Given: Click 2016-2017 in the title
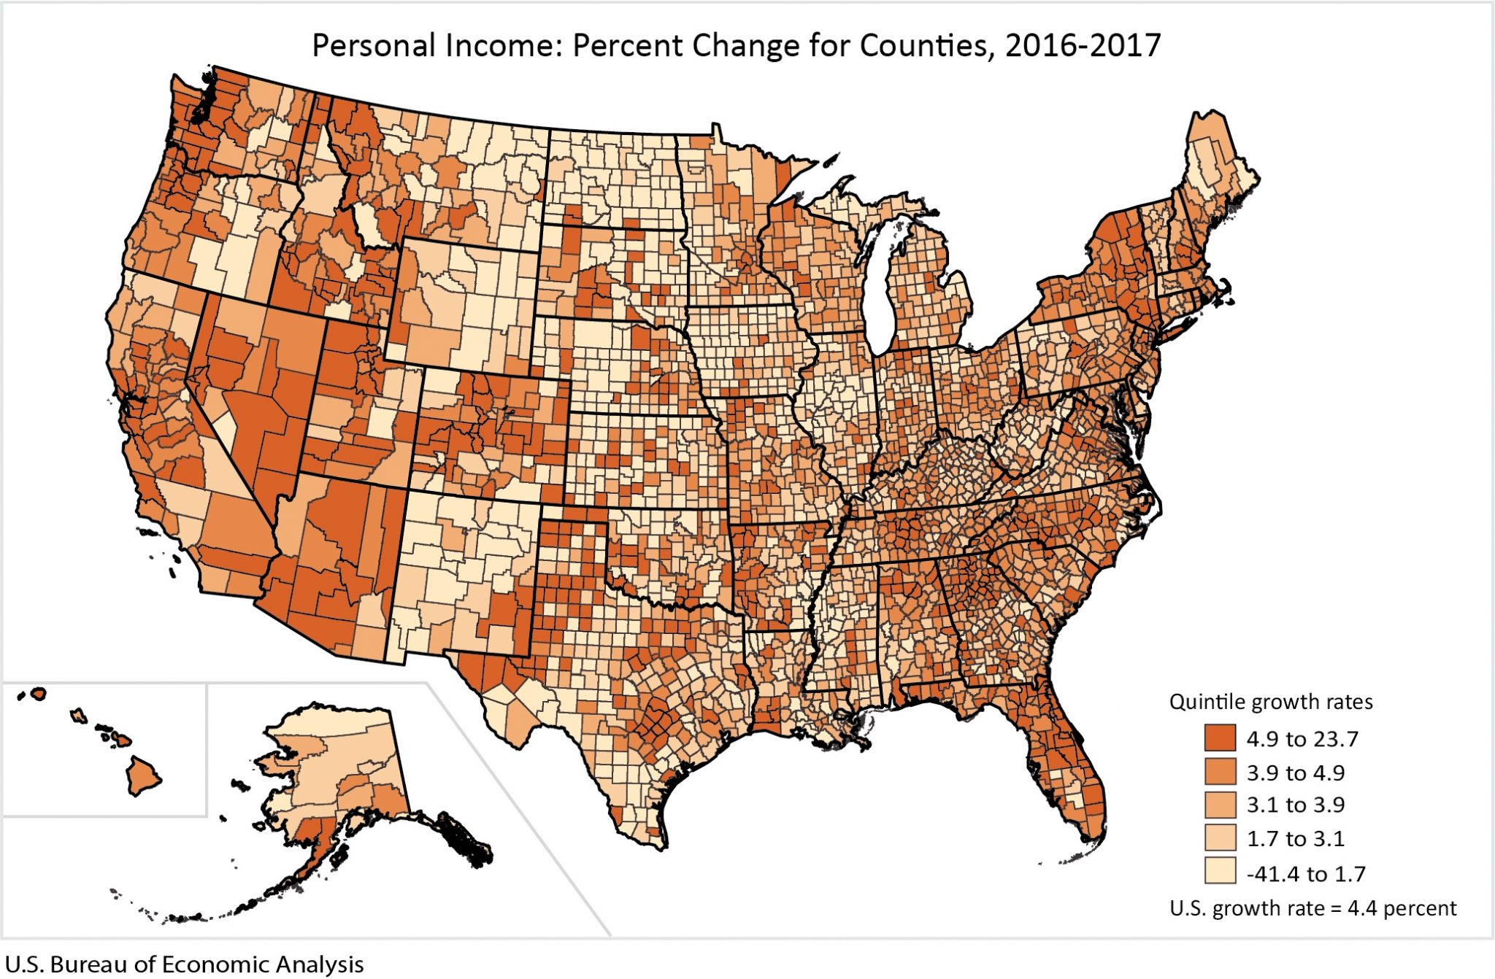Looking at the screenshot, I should tap(1083, 45).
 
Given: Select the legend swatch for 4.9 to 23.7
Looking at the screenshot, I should tap(1220, 738).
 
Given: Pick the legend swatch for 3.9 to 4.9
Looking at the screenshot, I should tap(1220, 772).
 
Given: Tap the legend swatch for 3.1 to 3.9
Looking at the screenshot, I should tap(1220, 805).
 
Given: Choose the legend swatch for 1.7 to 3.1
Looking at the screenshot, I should tap(1220, 838).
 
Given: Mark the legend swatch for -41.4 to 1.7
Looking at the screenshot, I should tap(1220, 872).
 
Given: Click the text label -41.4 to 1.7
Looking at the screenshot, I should tap(1305, 873).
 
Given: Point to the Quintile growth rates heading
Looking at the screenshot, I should tap(1270, 702).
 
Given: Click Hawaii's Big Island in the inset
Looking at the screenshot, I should tap(143, 776).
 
